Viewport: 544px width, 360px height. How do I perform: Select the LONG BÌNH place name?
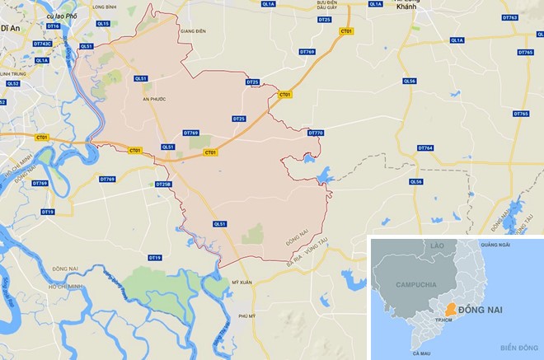point(106,7)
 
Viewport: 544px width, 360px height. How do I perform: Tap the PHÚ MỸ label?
point(246,316)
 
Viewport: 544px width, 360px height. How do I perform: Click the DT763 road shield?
point(509,17)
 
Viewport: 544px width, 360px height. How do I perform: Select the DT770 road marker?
point(316,133)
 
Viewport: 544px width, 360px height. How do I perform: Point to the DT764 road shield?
point(425,148)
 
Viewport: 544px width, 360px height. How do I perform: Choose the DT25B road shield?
point(163,184)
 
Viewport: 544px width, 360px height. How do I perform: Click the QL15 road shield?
point(102,25)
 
